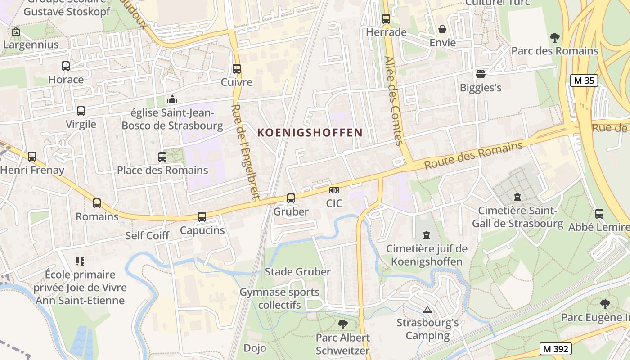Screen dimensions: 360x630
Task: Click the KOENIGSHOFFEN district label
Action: pos(310,132)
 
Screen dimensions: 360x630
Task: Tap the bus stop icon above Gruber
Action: pos(291,198)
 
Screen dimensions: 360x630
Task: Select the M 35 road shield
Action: pos(584,81)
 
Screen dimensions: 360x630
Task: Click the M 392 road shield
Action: pos(556,348)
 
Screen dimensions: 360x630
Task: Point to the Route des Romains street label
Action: pos(473,155)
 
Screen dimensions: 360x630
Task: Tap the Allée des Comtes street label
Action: pos(393,100)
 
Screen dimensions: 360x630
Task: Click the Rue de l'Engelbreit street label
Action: pos(245,152)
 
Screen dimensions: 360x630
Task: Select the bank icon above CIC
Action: pos(334,190)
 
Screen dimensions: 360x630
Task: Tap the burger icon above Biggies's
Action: pos(481,74)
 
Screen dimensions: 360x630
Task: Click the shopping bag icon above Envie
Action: pos(443,30)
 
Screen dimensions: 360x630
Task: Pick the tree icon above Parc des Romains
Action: pos(554,37)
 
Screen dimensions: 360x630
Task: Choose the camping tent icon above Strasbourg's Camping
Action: pos(427,310)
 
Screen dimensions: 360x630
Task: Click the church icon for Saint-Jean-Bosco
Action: pos(172,99)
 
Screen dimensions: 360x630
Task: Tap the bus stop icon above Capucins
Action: pos(202,217)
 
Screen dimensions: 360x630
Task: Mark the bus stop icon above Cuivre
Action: pos(237,69)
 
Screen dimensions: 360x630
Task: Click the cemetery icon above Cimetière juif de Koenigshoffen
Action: pos(427,235)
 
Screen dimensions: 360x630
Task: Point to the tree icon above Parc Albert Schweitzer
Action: pos(342,324)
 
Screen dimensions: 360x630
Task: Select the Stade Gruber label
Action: pos(297,271)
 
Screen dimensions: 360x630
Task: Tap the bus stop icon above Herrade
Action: pos(386,19)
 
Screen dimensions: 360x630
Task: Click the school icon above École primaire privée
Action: pos(80,261)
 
